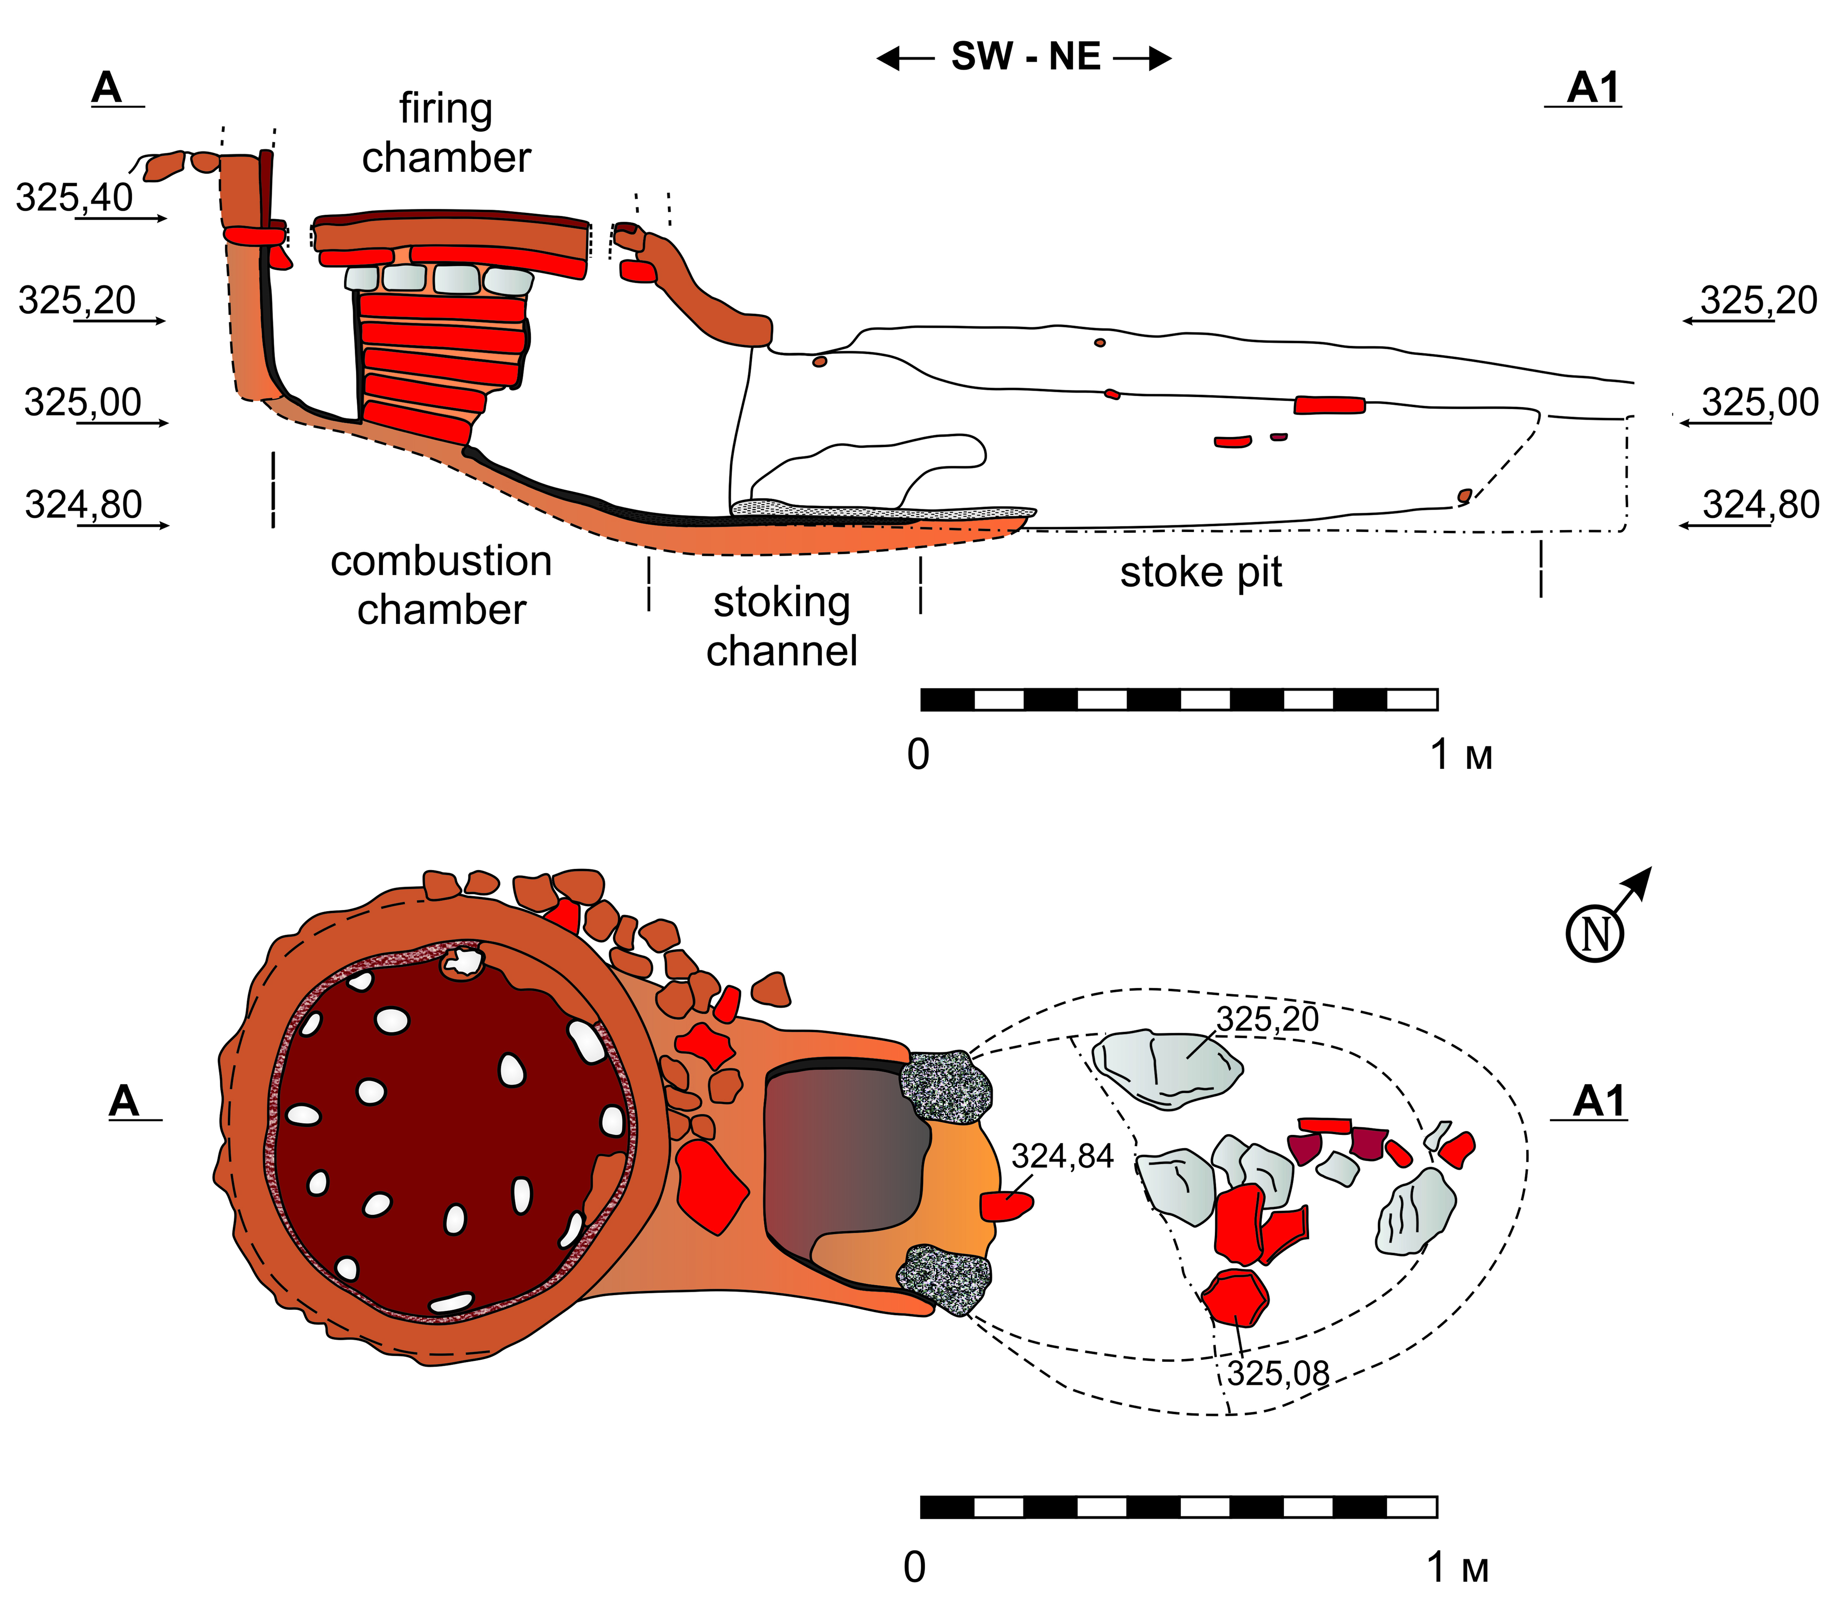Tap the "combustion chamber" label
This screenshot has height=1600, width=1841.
point(441,585)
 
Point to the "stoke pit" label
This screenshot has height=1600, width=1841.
point(1201,572)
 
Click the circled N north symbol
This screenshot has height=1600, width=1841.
point(1595,934)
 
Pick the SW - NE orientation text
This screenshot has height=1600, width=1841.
point(1025,57)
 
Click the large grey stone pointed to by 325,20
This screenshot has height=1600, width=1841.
point(1167,1069)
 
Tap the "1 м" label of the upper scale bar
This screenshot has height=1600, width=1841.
point(1462,755)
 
